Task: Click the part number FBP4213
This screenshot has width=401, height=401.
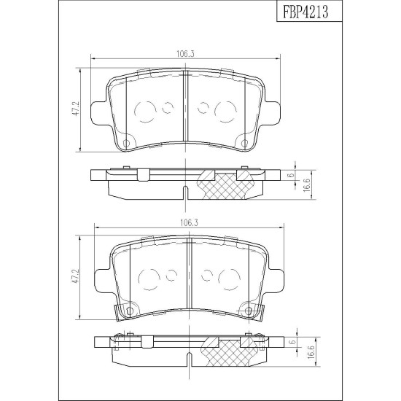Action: pos(305,12)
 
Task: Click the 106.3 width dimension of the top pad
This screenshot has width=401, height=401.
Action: pos(186,54)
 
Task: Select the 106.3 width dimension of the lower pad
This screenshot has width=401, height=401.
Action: pos(190,223)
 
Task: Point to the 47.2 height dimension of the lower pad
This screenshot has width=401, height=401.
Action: pos(77,278)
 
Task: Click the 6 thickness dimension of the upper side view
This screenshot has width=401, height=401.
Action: pos(290,176)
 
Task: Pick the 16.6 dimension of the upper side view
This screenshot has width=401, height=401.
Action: pos(307,185)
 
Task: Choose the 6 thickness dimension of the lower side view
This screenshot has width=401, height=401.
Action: pos(294,342)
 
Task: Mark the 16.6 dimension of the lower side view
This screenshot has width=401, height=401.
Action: pos(310,352)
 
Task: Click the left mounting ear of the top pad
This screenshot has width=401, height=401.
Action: pos(99,113)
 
